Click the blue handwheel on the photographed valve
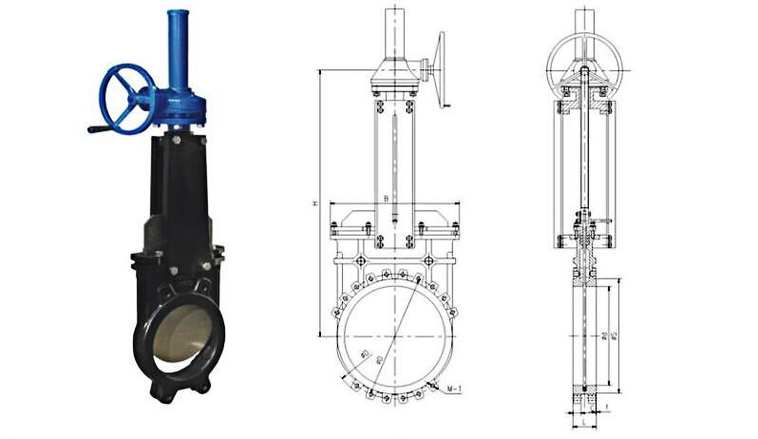127,97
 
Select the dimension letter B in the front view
385,198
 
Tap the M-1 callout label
455,391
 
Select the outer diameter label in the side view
616,336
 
